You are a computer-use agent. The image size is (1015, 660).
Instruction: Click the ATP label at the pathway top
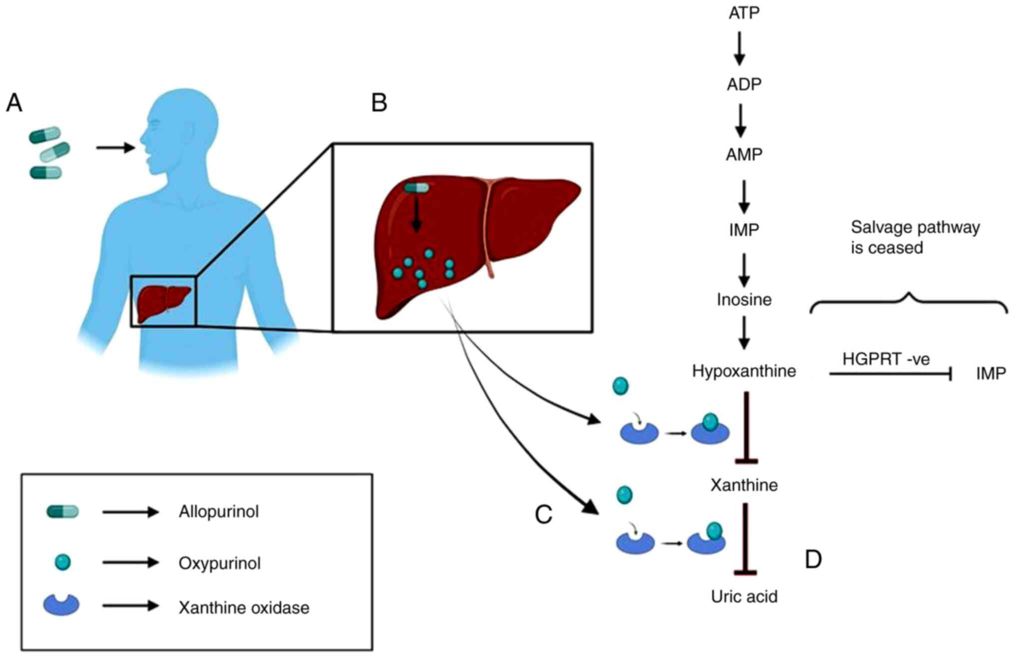point(744,12)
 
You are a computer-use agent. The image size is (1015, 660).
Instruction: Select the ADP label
point(744,84)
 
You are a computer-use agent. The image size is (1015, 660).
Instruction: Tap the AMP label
point(744,154)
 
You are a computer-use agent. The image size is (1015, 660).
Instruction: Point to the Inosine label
point(744,299)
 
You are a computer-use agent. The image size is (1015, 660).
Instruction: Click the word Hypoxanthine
point(744,371)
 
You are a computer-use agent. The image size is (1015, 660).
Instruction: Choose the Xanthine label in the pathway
point(744,485)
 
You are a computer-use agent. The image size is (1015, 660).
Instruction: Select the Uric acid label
point(744,596)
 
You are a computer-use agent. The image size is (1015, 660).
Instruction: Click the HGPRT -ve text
point(886,359)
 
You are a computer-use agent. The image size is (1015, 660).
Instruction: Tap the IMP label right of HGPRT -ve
point(991,373)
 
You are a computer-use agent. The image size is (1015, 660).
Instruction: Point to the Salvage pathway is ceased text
point(915,237)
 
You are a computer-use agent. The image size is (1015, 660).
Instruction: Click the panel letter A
point(14,103)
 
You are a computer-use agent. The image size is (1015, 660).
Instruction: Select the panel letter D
point(813,559)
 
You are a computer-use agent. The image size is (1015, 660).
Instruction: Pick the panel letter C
point(543,515)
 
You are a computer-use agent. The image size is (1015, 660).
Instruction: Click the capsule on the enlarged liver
point(417,188)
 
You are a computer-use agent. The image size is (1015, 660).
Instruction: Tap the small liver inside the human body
point(163,302)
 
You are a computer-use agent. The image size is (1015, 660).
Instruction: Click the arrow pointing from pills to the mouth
point(115,147)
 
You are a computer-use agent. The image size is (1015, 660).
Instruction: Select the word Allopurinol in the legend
point(219,512)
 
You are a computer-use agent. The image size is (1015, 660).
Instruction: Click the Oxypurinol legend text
point(219,563)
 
